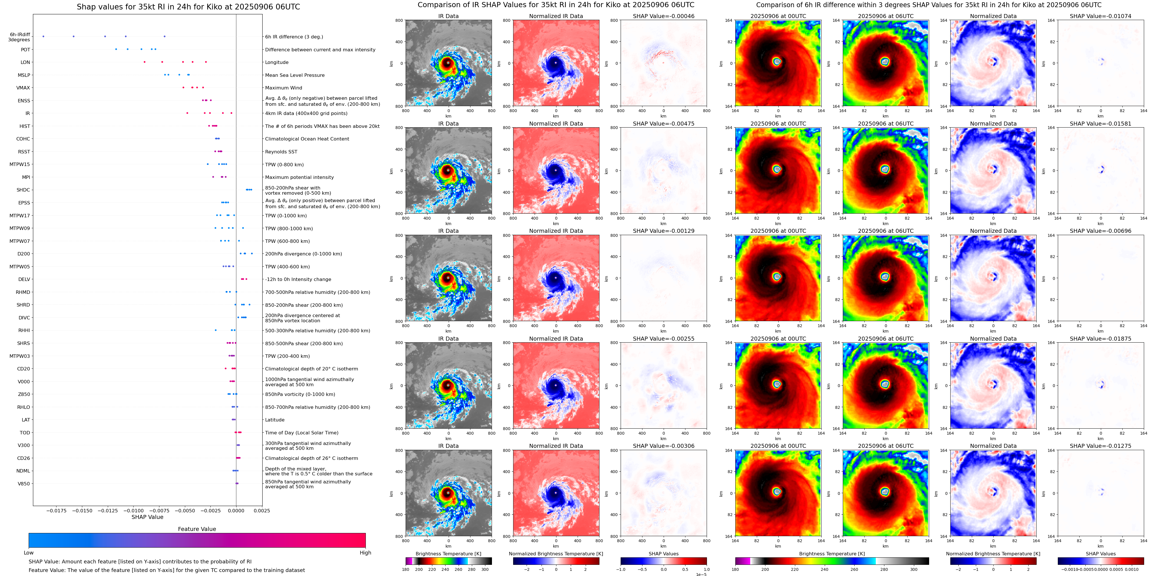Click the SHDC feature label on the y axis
[x=23, y=190]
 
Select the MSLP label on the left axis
[x=24, y=75]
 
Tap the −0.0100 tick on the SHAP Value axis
[x=134, y=510]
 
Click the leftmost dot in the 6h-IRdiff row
[x=43, y=36]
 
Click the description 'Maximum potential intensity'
[x=299, y=177]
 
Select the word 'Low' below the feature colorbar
[x=29, y=553]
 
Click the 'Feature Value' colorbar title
[x=197, y=529]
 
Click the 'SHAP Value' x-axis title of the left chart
[x=147, y=517]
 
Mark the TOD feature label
[x=25, y=433]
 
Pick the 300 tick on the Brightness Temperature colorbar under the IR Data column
[x=484, y=569]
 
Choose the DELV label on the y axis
[x=24, y=279]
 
